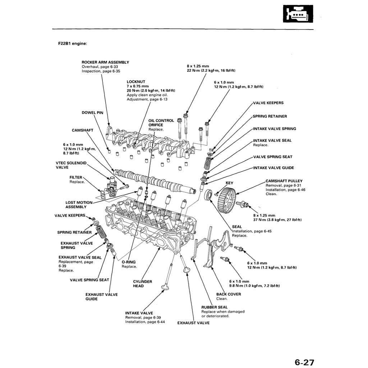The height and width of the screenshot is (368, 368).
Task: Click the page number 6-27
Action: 304,362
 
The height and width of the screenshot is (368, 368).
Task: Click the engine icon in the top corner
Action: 298,14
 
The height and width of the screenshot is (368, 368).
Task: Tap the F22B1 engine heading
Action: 73,43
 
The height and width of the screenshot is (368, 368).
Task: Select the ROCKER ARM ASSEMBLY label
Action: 105,62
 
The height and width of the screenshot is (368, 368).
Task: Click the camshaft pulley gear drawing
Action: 227,197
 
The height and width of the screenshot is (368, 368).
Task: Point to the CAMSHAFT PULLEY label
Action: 284,181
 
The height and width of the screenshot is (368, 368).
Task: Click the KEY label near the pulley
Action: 229,183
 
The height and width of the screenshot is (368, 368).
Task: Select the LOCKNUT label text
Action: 136,82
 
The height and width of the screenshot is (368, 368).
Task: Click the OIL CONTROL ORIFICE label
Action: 161,123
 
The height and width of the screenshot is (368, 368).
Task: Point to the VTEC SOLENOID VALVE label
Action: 71,165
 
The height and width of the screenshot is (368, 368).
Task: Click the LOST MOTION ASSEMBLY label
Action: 79,204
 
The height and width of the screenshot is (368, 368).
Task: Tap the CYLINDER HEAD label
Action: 142,284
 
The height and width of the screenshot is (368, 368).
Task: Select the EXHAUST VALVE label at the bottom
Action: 193,323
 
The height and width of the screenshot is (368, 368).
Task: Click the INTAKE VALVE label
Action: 139,313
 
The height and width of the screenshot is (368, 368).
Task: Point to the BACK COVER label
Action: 229,294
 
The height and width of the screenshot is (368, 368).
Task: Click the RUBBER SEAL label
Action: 214,307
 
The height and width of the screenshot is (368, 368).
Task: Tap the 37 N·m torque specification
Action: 277,220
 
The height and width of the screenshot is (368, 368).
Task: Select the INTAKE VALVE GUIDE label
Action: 273,168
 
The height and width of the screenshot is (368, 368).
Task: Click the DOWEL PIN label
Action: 92,112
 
